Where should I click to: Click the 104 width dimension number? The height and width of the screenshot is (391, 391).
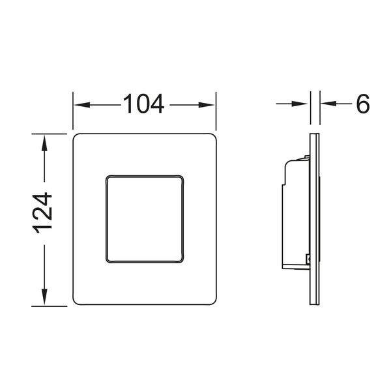pos(143,104)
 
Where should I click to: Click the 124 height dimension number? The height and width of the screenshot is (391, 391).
pos(42,212)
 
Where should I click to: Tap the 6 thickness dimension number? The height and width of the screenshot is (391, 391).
pos(363,104)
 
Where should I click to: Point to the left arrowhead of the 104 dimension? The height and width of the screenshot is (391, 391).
pos(82,105)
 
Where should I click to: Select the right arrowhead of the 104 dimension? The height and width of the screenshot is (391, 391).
pos(207,105)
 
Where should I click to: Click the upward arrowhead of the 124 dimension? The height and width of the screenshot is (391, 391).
pos(44,143)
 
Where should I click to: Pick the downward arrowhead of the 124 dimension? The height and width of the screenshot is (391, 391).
pos(44,297)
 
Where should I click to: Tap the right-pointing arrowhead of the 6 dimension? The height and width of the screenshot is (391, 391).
pos(300,104)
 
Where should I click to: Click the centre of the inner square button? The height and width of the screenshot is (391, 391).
pos(145,219)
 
